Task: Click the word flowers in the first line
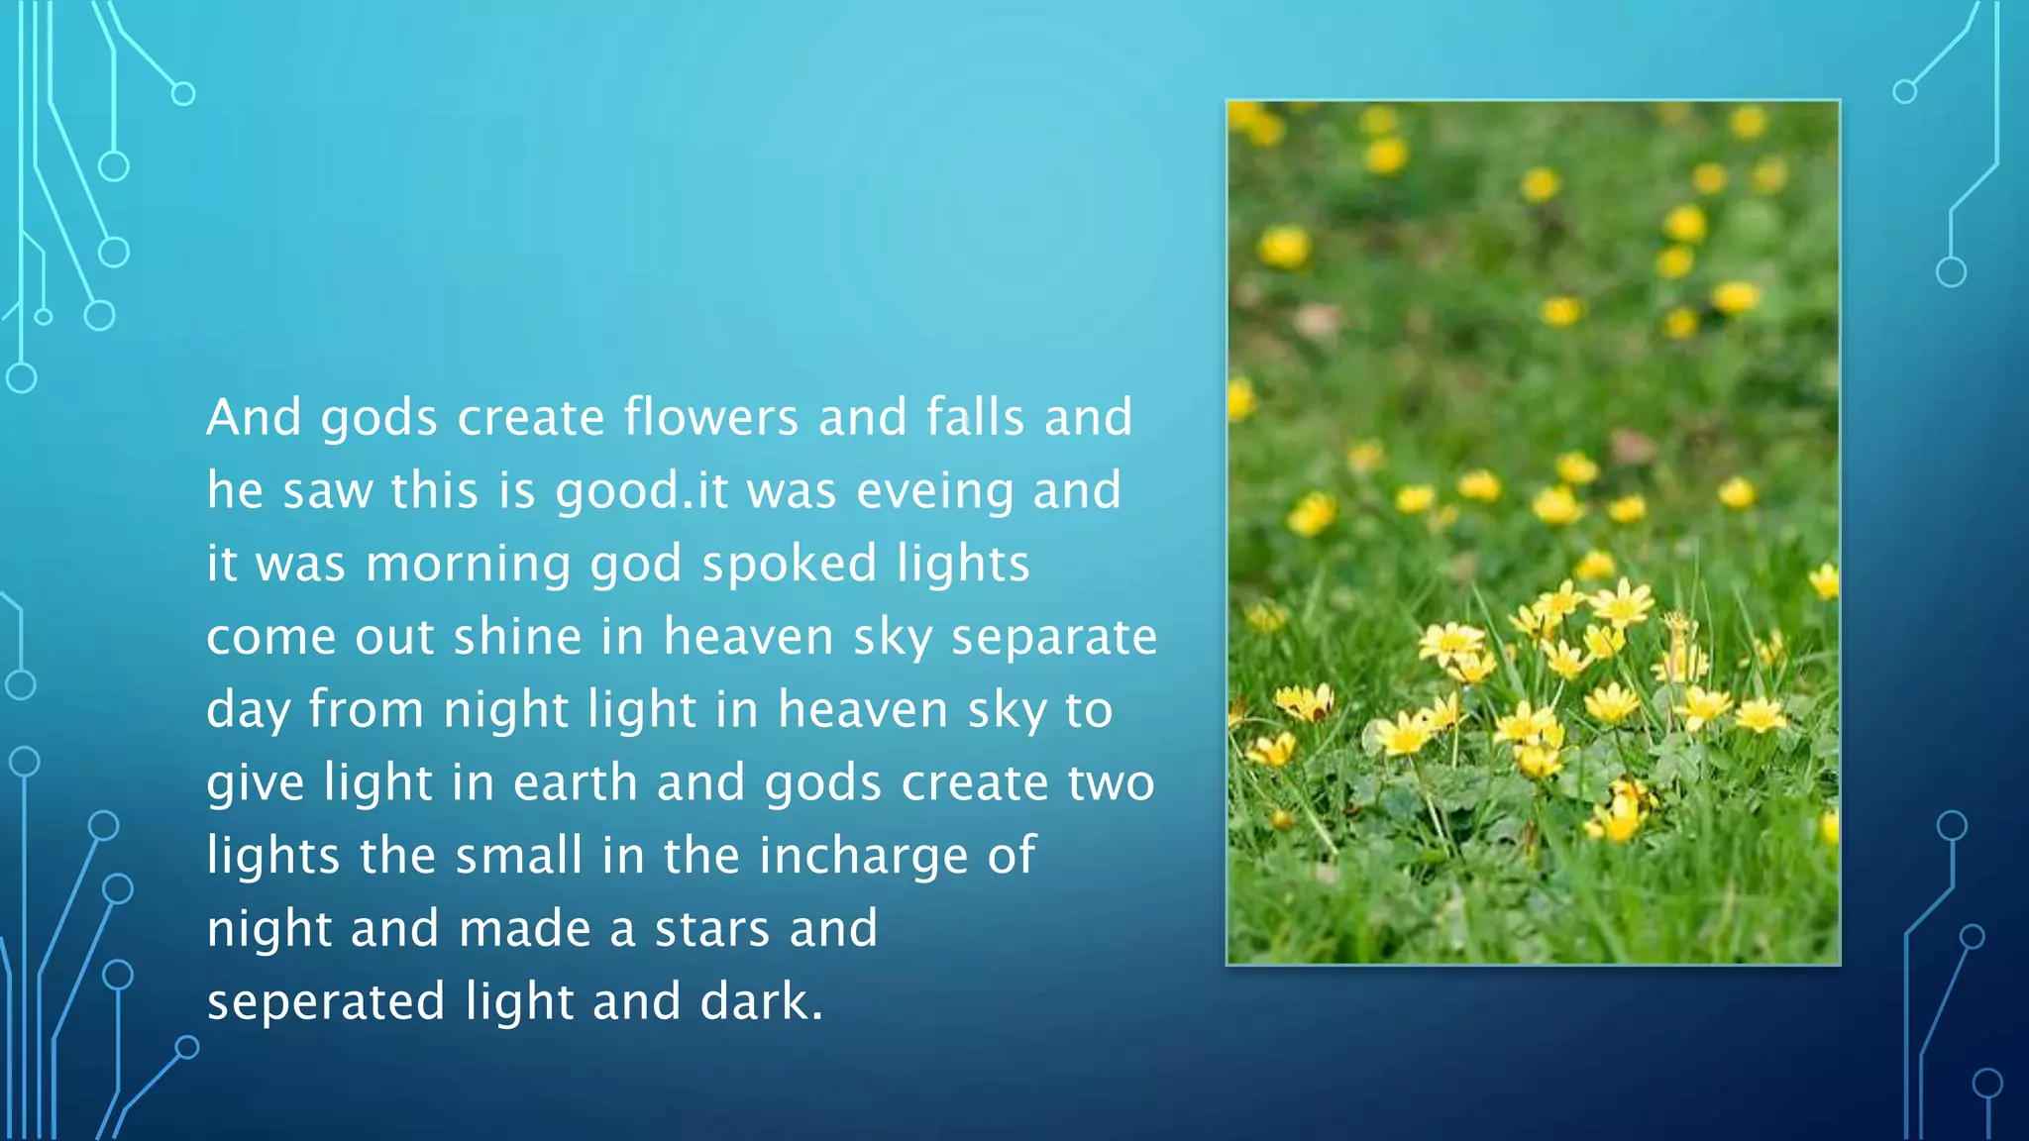[710, 417]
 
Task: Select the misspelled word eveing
[935, 491]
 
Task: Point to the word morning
[468, 565]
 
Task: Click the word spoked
[789, 565]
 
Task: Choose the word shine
[517, 637]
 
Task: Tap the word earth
[575, 782]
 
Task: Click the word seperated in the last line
[326, 1002]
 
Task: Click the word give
[255, 783]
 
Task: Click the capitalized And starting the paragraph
[254, 417]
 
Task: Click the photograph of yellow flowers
[1533, 532]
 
